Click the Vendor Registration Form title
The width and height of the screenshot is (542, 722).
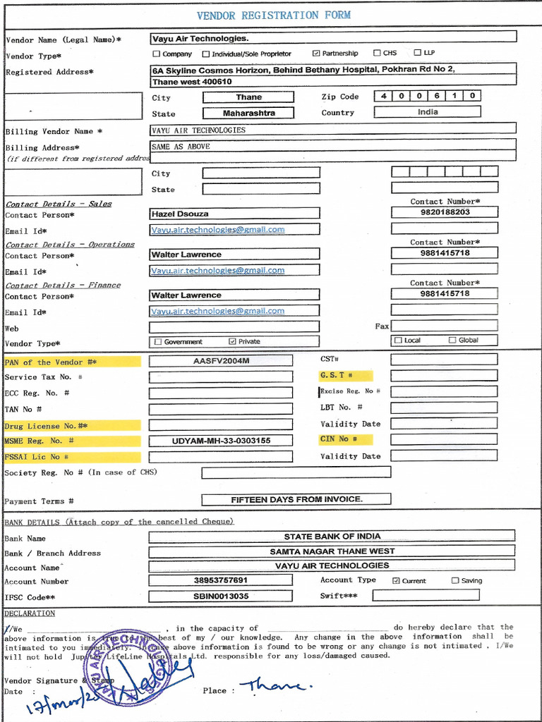273,15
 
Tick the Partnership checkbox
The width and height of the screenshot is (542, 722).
316,54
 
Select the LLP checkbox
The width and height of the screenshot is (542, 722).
418,53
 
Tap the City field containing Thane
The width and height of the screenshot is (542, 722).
248,97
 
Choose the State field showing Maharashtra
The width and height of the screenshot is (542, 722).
248,113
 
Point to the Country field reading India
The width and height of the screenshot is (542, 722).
427,111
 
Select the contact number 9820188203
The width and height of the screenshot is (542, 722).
445,212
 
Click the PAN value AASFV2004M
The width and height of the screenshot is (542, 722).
221,361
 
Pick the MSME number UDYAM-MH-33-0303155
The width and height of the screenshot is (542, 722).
221,441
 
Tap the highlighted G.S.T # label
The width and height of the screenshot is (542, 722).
337,376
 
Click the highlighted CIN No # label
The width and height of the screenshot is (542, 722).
338,439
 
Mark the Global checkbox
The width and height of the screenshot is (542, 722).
452,341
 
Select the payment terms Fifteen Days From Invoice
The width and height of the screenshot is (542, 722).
296,499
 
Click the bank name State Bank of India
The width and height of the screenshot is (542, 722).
332,537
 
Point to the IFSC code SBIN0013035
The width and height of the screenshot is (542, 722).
221,596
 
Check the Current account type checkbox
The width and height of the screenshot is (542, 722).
396,581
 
